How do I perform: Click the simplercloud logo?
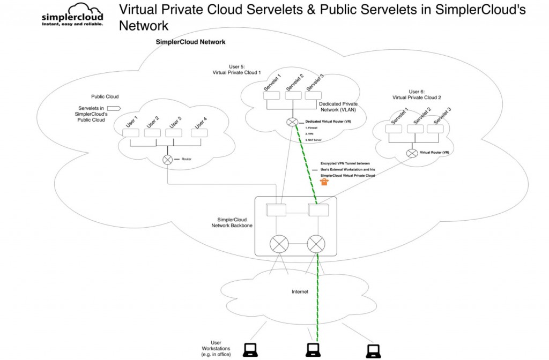72,14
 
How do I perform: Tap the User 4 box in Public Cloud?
199,133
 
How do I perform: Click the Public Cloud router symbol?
167,160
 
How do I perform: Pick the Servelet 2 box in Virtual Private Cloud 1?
293,96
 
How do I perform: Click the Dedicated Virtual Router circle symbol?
292,122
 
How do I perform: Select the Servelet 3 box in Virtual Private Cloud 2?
435,129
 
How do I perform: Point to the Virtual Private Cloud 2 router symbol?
412,153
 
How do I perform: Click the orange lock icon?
324,182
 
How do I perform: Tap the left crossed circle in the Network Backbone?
279,245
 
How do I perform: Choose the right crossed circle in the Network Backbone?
316,245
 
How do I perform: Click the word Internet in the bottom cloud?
300,292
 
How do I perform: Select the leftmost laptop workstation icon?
250,349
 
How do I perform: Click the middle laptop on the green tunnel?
314,350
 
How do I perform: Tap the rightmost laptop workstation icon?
373,351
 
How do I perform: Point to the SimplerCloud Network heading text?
190,42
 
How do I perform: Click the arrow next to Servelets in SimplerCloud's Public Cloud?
114,108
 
